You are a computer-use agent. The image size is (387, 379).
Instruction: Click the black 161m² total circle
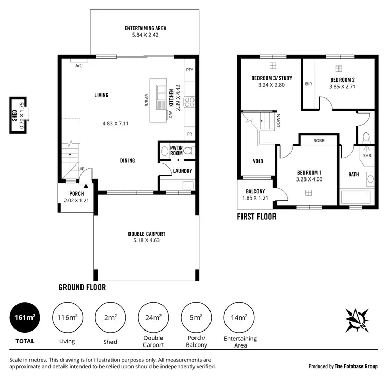(x=24, y=318)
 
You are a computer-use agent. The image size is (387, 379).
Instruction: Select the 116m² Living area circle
(x=67, y=318)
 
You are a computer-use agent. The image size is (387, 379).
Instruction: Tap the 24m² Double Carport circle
(x=153, y=318)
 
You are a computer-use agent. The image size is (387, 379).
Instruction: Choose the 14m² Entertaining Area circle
(x=238, y=318)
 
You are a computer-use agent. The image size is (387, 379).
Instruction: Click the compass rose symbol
(x=357, y=321)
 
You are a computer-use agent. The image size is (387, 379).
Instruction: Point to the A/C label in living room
(x=79, y=66)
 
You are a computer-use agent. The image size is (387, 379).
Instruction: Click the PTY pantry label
(x=189, y=69)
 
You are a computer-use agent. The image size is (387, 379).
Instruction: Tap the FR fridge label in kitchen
(x=189, y=133)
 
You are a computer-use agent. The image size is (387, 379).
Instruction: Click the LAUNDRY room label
(x=183, y=171)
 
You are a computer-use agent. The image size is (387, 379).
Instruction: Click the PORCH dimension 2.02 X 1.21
(x=73, y=200)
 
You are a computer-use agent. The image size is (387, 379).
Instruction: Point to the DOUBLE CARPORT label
(x=147, y=234)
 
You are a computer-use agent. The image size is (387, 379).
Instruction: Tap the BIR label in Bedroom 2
(x=308, y=84)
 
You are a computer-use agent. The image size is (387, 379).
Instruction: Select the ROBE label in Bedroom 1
(x=318, y=140)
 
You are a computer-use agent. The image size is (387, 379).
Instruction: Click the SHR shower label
(x=367, y=155)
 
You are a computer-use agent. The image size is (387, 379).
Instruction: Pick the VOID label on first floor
(x=258, y=161)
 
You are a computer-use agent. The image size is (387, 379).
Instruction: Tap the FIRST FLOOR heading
(x=256, y=217)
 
